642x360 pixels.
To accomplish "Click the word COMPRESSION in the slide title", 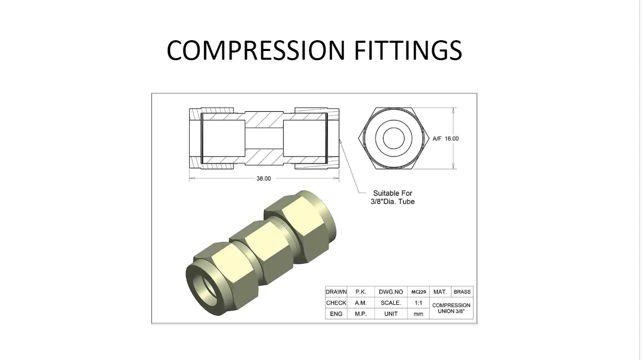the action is [256, 50].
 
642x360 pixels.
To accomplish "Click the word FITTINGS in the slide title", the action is [408, 50].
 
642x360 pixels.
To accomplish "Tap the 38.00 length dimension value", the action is [263, 178].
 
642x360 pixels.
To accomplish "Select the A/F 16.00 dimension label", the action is [445, 139].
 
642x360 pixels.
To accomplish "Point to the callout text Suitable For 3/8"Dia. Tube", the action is [393, 197].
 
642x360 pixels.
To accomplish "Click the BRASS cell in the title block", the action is [462, 292].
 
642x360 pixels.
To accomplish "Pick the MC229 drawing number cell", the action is [418, 292].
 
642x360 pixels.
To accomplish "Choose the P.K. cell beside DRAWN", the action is [361, 292].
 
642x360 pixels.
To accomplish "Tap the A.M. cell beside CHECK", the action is [361, 303].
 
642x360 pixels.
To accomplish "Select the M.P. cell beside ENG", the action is [361, 314].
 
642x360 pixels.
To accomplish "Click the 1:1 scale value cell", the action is [418, 303].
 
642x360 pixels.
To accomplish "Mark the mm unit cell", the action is [418, 314].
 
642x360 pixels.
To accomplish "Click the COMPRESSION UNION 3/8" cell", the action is [451, 308].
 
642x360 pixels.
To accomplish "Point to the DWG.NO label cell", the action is [391, 292].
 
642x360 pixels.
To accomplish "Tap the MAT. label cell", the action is [440, 292].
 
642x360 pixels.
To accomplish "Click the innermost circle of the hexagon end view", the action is [394, 128].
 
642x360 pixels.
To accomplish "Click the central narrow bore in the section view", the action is [264, 139].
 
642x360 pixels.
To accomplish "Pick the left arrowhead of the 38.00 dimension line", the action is [192, 178].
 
